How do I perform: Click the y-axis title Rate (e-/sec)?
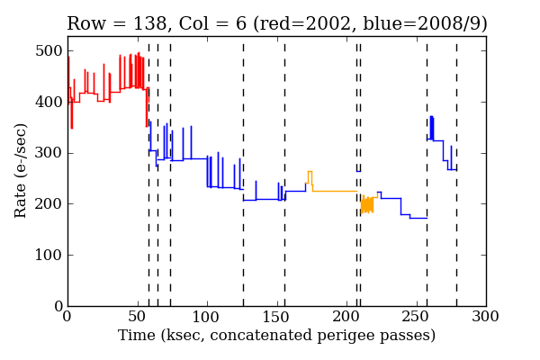pyautogui.click(x=22, y=171)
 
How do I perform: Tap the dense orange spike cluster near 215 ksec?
pyautogui.click(x=366, y=205)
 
